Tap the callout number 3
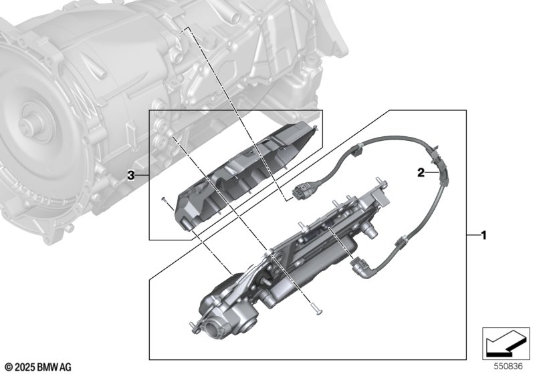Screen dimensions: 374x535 (132, 175)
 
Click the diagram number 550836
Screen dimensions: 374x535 (508, 367)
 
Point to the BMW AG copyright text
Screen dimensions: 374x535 (37, 367)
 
